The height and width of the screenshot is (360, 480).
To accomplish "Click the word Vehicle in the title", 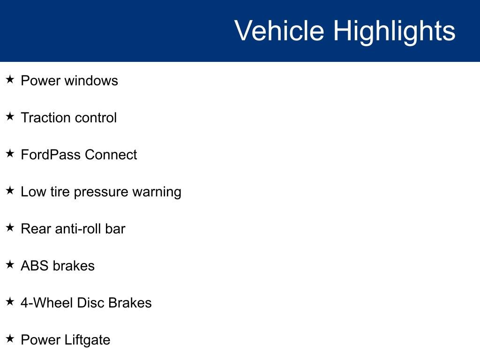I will pyautogui.click(x=279, y=31).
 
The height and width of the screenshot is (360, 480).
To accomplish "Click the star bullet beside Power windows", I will pyautogui.click(x=10, y=79).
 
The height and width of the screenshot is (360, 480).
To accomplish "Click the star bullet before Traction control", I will pyautogui.click(x=10, y=116).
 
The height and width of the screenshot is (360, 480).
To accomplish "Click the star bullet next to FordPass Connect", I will pyautogui.click(x=10, y=153).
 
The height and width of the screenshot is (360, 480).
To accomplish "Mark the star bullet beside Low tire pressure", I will pyautogui.click(x=10, y=190).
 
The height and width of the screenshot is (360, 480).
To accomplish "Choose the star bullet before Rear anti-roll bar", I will pyautogui.click(x=10, y=227).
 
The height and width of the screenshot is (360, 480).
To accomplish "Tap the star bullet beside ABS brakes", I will pyautogui.click(x=10, y=264).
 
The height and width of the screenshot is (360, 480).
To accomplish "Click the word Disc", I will pyautogui.click(x=90, y=303).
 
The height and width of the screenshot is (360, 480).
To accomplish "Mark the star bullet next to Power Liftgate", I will pyautogui.click(x=10, y=338).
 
